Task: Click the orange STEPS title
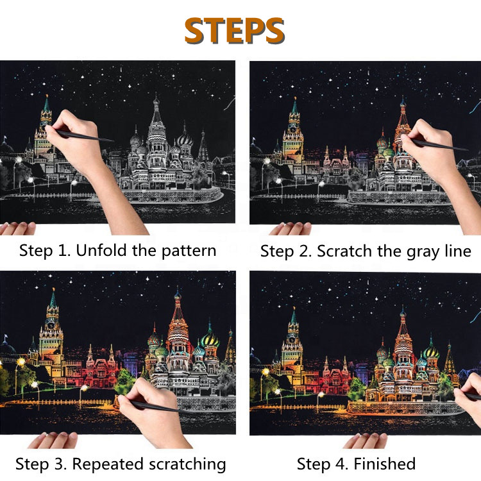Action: pyautogui.click(x=234, y=30)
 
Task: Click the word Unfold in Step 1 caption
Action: pyautogui.click(x=101, y=250)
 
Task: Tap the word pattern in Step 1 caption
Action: pyautogui.click(x=189, y=251)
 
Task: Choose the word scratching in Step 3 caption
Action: pyautogui.click(x=187, y=464)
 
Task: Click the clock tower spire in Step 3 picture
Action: pyautogui.click(x=53, y=299)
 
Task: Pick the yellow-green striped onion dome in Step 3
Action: pyautogui.click(x=210, y=339)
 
